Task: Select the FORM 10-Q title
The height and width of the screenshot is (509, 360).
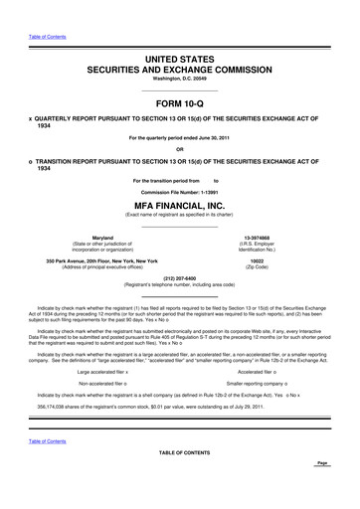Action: (180, 102)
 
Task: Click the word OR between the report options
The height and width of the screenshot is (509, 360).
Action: (180, 148)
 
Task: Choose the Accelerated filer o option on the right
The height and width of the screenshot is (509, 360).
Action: (265, 342)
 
